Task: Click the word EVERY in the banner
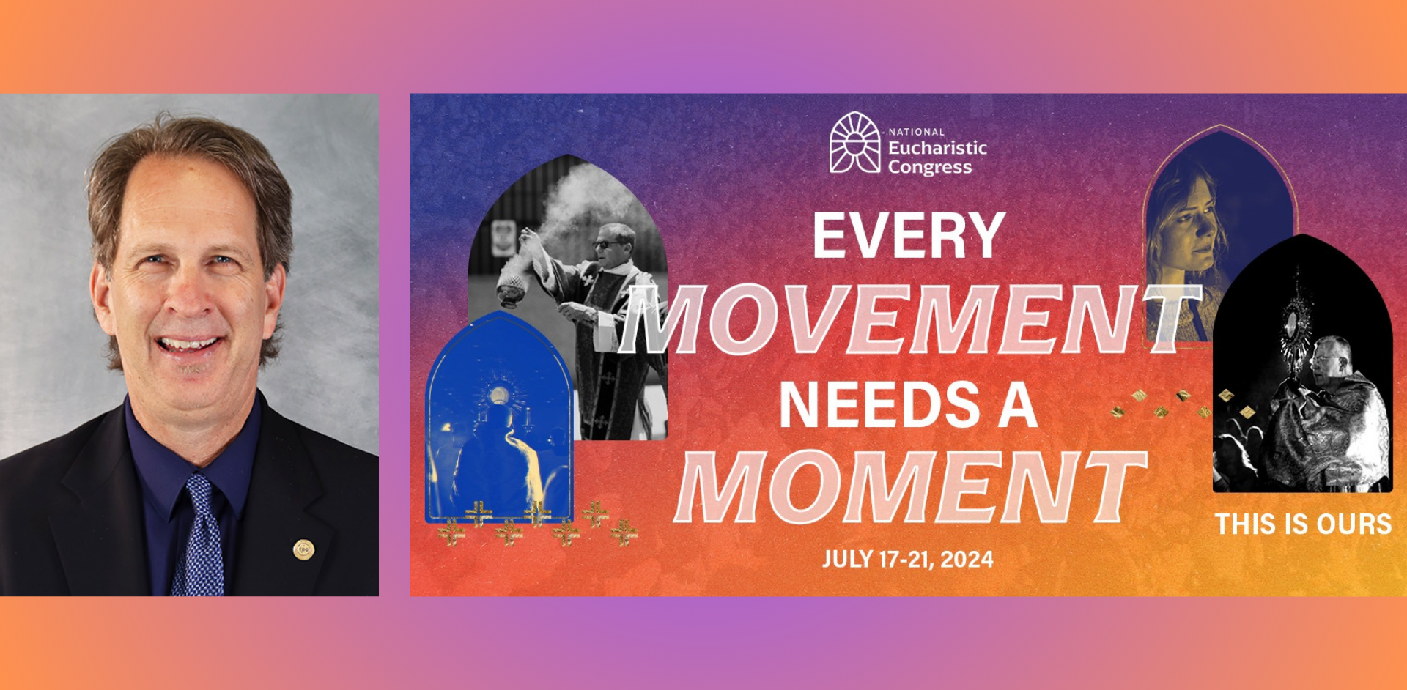(x=909, y=236)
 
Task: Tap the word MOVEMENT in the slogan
(x=909, y=319)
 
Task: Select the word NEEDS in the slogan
(x=880, y=404)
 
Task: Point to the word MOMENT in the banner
(x=910, y=487)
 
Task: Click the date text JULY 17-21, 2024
(x=908, y=560)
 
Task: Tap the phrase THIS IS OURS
(x=1303, y=524)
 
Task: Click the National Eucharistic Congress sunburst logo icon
(x=854, y=143)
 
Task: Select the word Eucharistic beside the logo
(x=937, y=148)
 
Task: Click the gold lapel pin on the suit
(x=303, y=549)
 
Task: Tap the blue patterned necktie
(x=198, y=535)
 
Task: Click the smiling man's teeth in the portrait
(x=188, y=343)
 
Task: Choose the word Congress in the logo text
(x=930, y=168)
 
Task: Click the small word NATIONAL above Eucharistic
(x=917, y=132)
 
